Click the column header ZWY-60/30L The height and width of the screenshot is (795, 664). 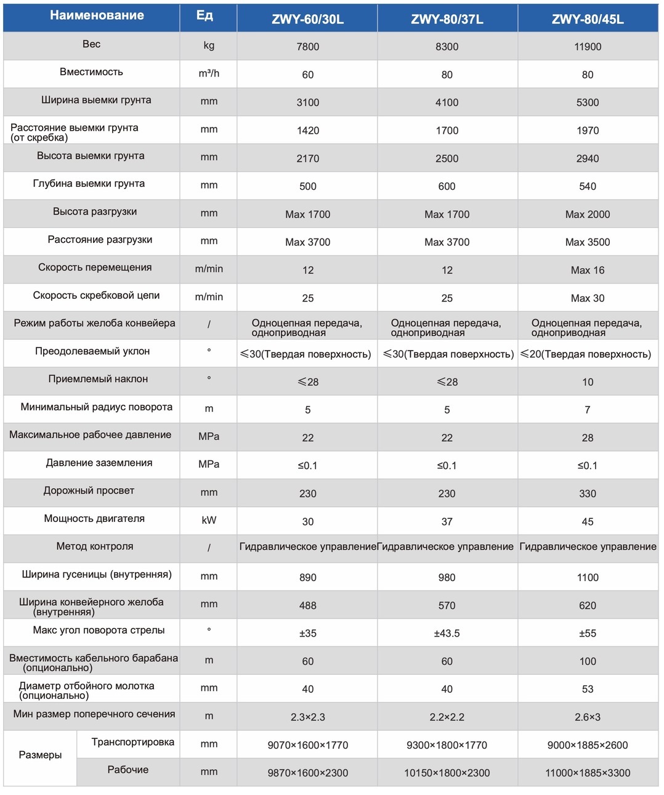[x=307, y=19]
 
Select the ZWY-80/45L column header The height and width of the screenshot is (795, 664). [x=588, y=19]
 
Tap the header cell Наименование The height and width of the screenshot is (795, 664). [x=97, y=15]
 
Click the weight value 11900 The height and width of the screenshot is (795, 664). [x=588, y=47]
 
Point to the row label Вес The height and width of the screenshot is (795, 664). [x=91, y=44]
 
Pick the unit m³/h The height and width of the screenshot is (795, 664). [x=209, y=73]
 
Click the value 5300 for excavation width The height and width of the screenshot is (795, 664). [x=588, y=102]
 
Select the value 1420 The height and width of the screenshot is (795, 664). [x=308, y=131]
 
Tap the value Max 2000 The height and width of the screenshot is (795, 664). [x=588, y=214]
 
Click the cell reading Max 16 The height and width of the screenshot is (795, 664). [x=588, y=271]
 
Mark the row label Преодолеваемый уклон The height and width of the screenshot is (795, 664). [x=92, y=351]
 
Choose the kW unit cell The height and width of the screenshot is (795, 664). [x=209, y=520]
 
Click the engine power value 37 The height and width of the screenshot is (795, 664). [x=447, y=521]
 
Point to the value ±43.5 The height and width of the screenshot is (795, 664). [x=447, y=633]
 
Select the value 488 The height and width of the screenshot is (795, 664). [x=308, y=605]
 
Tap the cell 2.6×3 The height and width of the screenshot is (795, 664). [x=588, y=717]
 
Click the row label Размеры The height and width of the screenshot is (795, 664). [x=40, y=755]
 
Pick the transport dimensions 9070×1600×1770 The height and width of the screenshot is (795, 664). [x=308, y=745]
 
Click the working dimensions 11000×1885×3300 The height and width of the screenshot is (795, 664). [x=588, y=773]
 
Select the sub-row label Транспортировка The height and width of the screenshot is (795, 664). [x=133, y=742]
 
